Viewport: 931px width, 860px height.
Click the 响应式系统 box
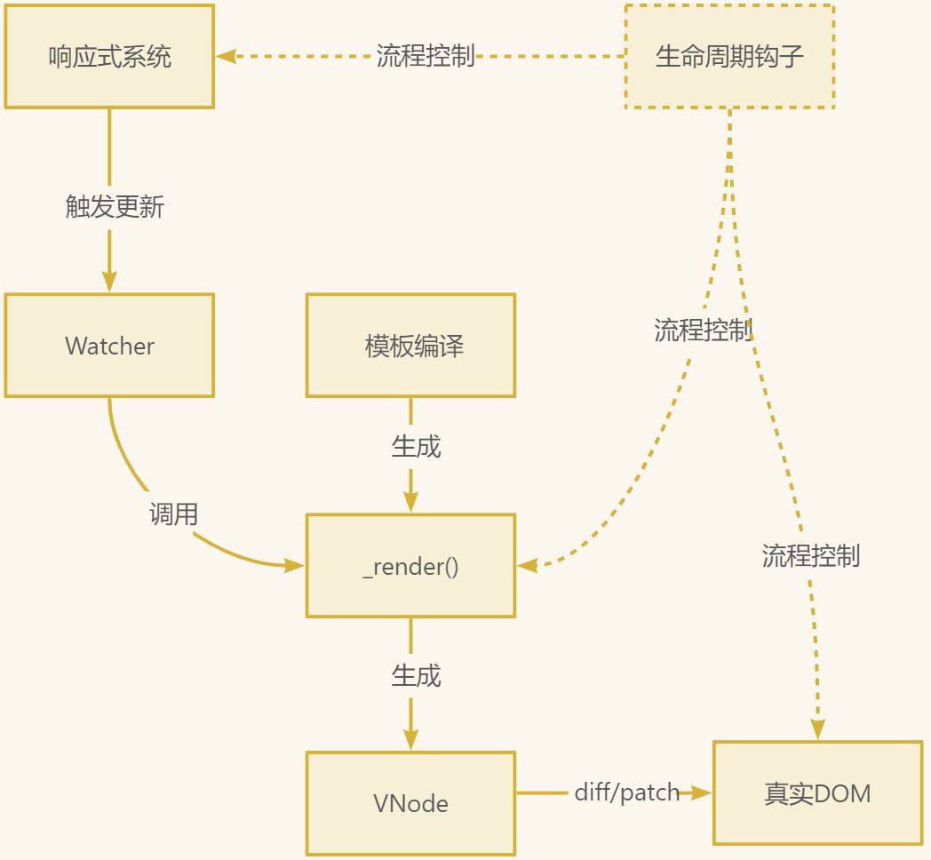109,57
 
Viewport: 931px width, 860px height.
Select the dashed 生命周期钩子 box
729,57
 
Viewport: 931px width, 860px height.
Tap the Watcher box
109,346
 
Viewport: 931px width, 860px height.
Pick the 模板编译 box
410,346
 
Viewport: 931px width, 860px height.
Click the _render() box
410,566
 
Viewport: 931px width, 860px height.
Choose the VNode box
410,803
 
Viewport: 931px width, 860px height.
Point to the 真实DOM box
817,792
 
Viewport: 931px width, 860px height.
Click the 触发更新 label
115,207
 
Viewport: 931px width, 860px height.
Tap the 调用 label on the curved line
173,514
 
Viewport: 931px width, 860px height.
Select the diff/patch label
626,792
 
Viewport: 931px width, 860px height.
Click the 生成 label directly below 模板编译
416,446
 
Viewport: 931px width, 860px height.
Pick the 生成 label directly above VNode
416,676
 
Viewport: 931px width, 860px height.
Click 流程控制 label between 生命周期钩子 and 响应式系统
426,56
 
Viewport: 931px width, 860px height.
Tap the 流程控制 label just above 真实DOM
810,556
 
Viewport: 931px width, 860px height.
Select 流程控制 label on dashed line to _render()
703,330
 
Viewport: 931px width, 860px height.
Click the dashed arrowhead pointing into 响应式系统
226,56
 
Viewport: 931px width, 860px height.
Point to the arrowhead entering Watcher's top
109,282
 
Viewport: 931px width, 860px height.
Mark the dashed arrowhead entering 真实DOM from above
817,729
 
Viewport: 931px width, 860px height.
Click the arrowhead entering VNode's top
410,740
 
